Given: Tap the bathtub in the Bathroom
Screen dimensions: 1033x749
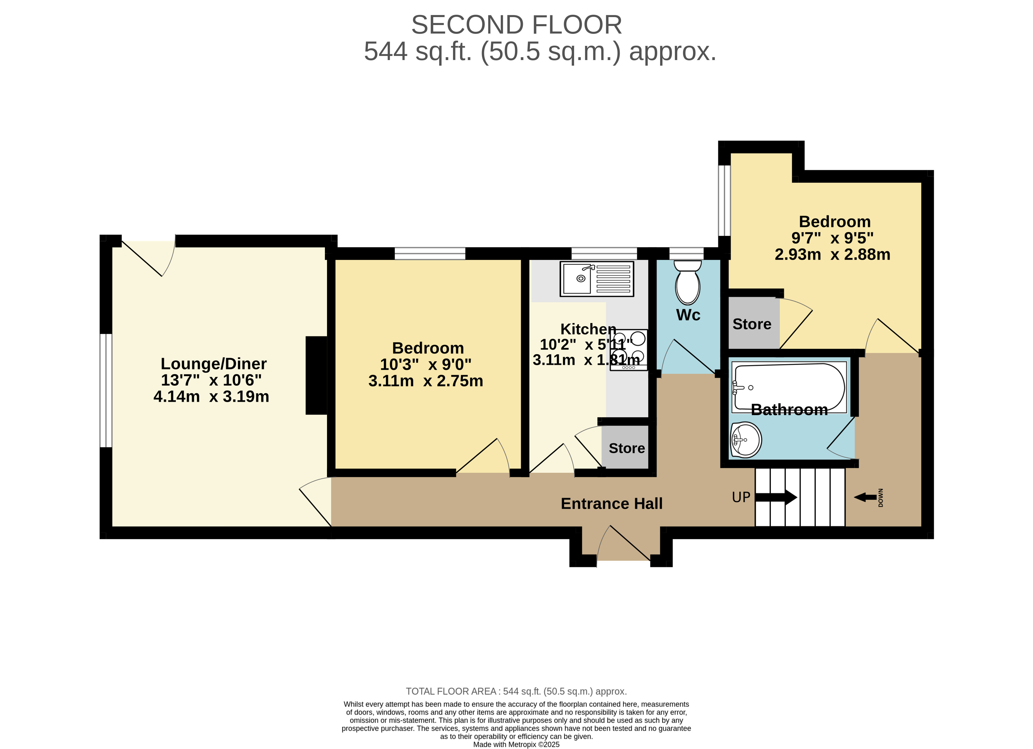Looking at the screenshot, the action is click(789, 387).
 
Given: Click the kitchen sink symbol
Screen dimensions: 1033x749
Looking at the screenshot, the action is click(597, 279).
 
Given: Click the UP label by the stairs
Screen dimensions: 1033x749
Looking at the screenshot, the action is click(741, 497).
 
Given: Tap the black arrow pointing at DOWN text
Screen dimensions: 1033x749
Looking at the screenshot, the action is click(865, 497).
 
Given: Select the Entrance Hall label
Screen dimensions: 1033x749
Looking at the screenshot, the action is click(612, 503).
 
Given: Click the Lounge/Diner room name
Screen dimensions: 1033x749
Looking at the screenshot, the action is click(214, 364).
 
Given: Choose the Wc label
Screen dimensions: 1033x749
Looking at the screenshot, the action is click(688, 315).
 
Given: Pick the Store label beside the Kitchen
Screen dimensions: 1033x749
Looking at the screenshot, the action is click(627, 448).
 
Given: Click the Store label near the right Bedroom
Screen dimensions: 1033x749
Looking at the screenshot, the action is click(752, 324).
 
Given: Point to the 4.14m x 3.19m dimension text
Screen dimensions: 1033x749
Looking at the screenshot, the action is click(211, 397).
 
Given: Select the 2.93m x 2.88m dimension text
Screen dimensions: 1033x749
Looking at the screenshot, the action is click(833, 254).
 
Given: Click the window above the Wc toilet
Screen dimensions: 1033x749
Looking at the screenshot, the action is click(686, 253).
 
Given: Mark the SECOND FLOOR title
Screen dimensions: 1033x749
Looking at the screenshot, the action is click(517, 25).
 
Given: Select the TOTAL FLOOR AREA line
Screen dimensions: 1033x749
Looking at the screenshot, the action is click(517, 691).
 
